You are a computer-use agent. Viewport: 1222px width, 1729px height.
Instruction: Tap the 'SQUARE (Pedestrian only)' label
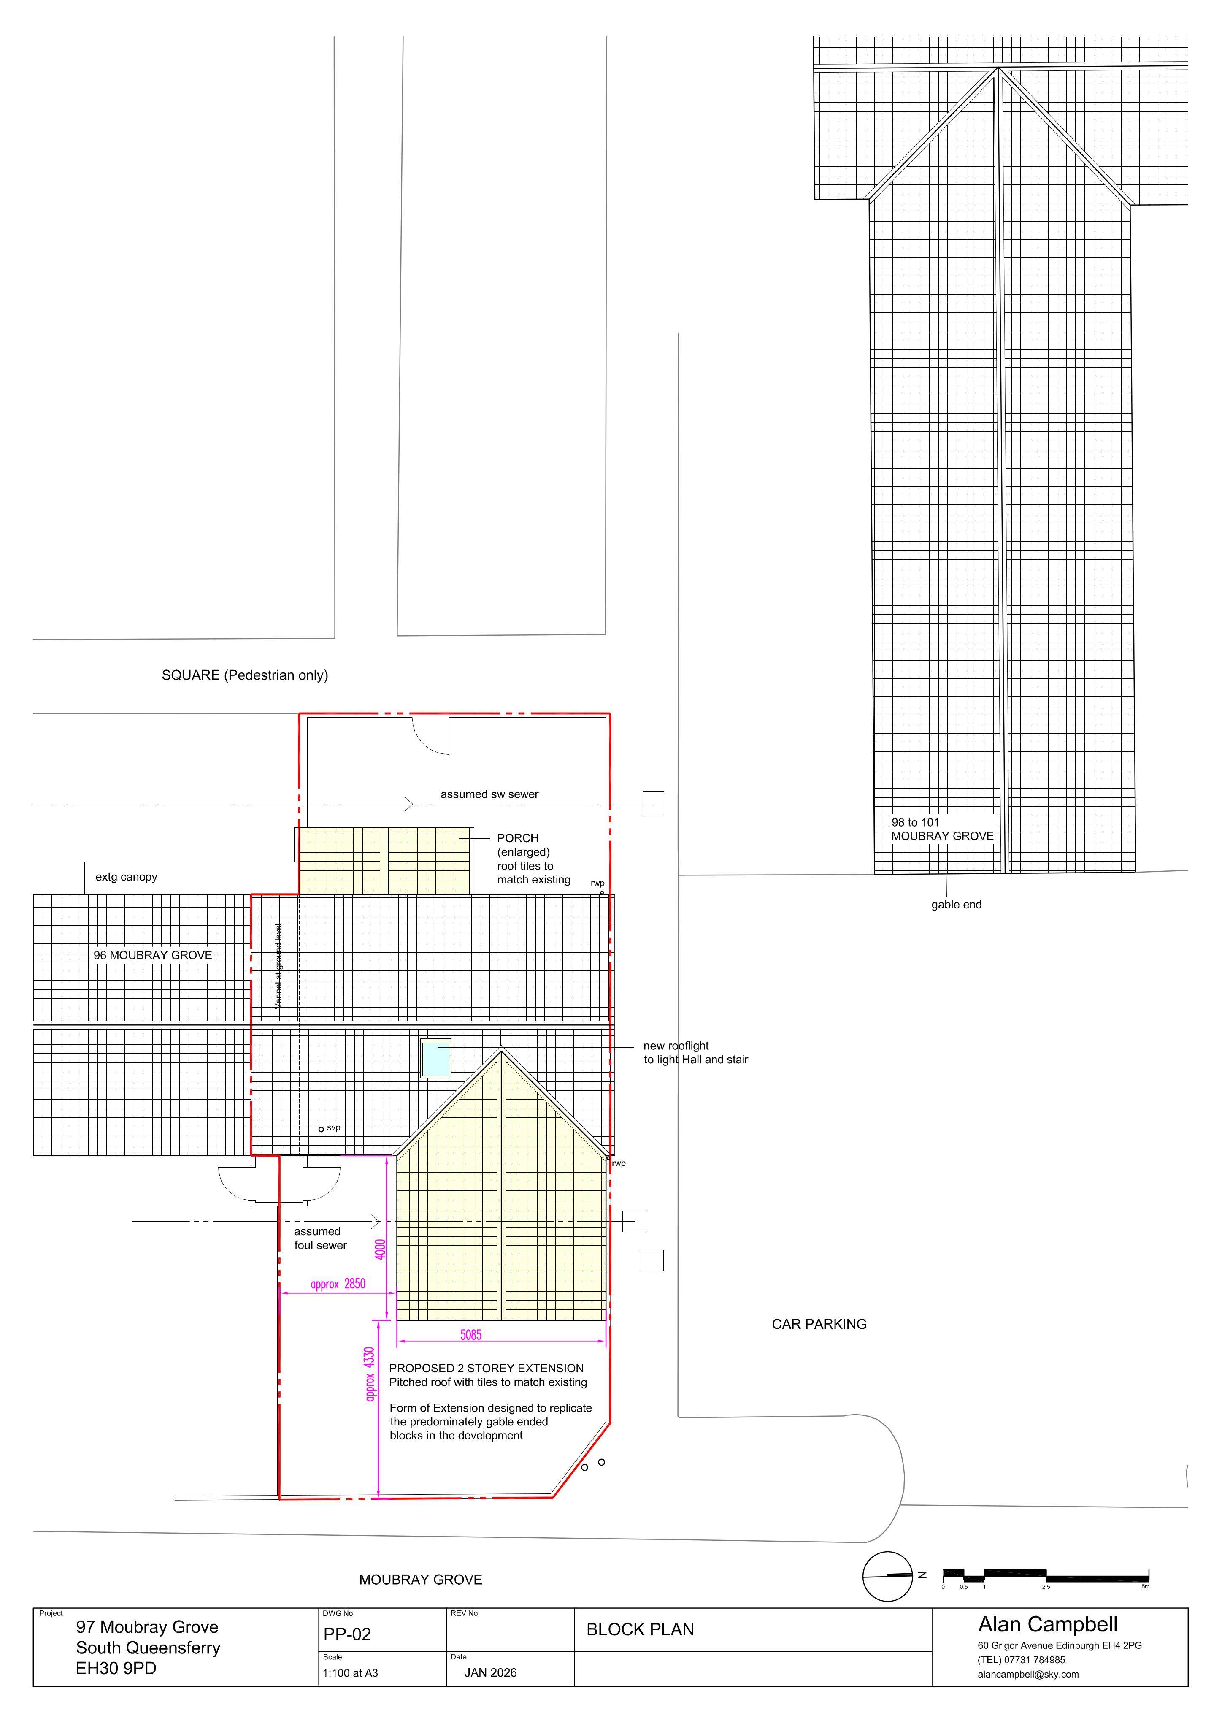coord(245,675)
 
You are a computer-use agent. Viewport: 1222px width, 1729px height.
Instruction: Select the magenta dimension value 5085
coord(470,1334)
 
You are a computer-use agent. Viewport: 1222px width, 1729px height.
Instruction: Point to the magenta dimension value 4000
coord(380,1249)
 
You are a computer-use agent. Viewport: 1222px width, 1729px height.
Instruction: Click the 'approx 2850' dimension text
coord(338,1284)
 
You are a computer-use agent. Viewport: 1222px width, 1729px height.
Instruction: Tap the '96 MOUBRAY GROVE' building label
coord(153,955)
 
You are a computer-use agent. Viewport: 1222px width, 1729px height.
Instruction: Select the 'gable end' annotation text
coord(956,905)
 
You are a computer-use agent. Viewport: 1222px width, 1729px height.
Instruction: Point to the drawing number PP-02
coord(347,1634)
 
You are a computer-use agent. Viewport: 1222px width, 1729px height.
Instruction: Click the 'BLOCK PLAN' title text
coord(640,1630)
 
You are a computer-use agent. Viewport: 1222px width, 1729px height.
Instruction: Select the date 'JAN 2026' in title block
coord(490,1672)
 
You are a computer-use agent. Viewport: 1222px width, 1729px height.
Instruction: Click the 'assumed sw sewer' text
coord(489,794)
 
